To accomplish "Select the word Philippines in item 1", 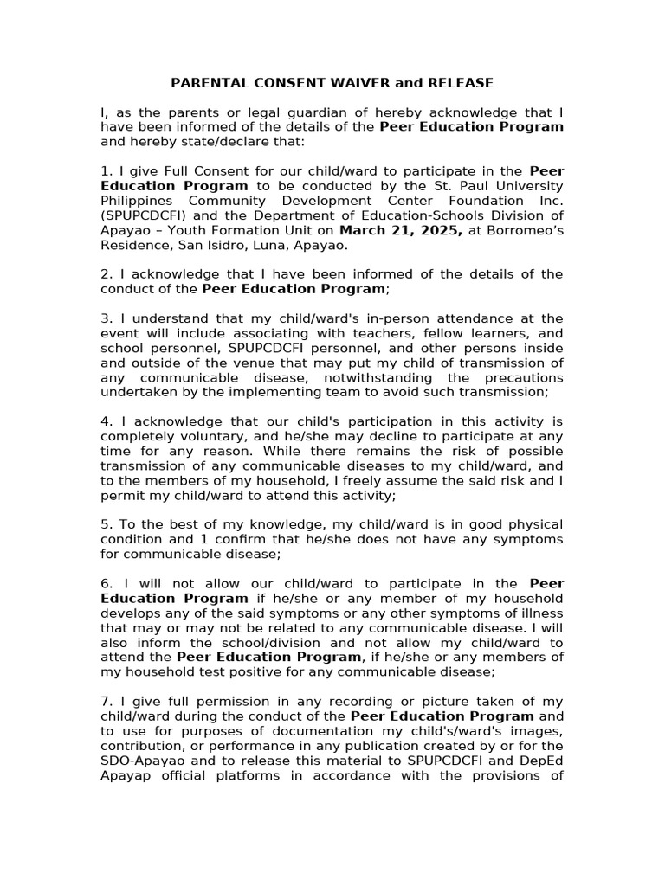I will [x=138, y=201].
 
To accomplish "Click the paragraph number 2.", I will [x=105, y=274].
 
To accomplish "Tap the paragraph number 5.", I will [x=105, y=524].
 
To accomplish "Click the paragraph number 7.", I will [x=105, y=701].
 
